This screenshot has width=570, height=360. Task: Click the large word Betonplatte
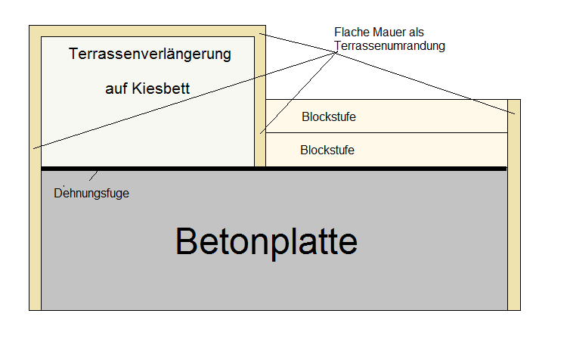(x=266, y=241)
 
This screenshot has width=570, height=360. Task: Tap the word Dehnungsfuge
(x=91, y=193)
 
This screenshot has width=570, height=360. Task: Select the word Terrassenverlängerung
(x=150, y=54)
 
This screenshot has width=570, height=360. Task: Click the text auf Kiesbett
(x=147, y=89)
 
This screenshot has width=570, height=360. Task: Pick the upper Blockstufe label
(x=328, y=117)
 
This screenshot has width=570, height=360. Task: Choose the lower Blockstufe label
(x=327, y=151)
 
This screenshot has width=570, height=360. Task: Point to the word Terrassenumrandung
(x=389, y=45)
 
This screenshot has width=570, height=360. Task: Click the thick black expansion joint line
(x=302, y=168)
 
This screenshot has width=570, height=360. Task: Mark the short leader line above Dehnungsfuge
(x=94, y=176)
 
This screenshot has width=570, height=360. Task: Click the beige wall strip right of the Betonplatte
(x=514, y=227)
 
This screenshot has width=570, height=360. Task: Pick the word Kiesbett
(x=160, y=89)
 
